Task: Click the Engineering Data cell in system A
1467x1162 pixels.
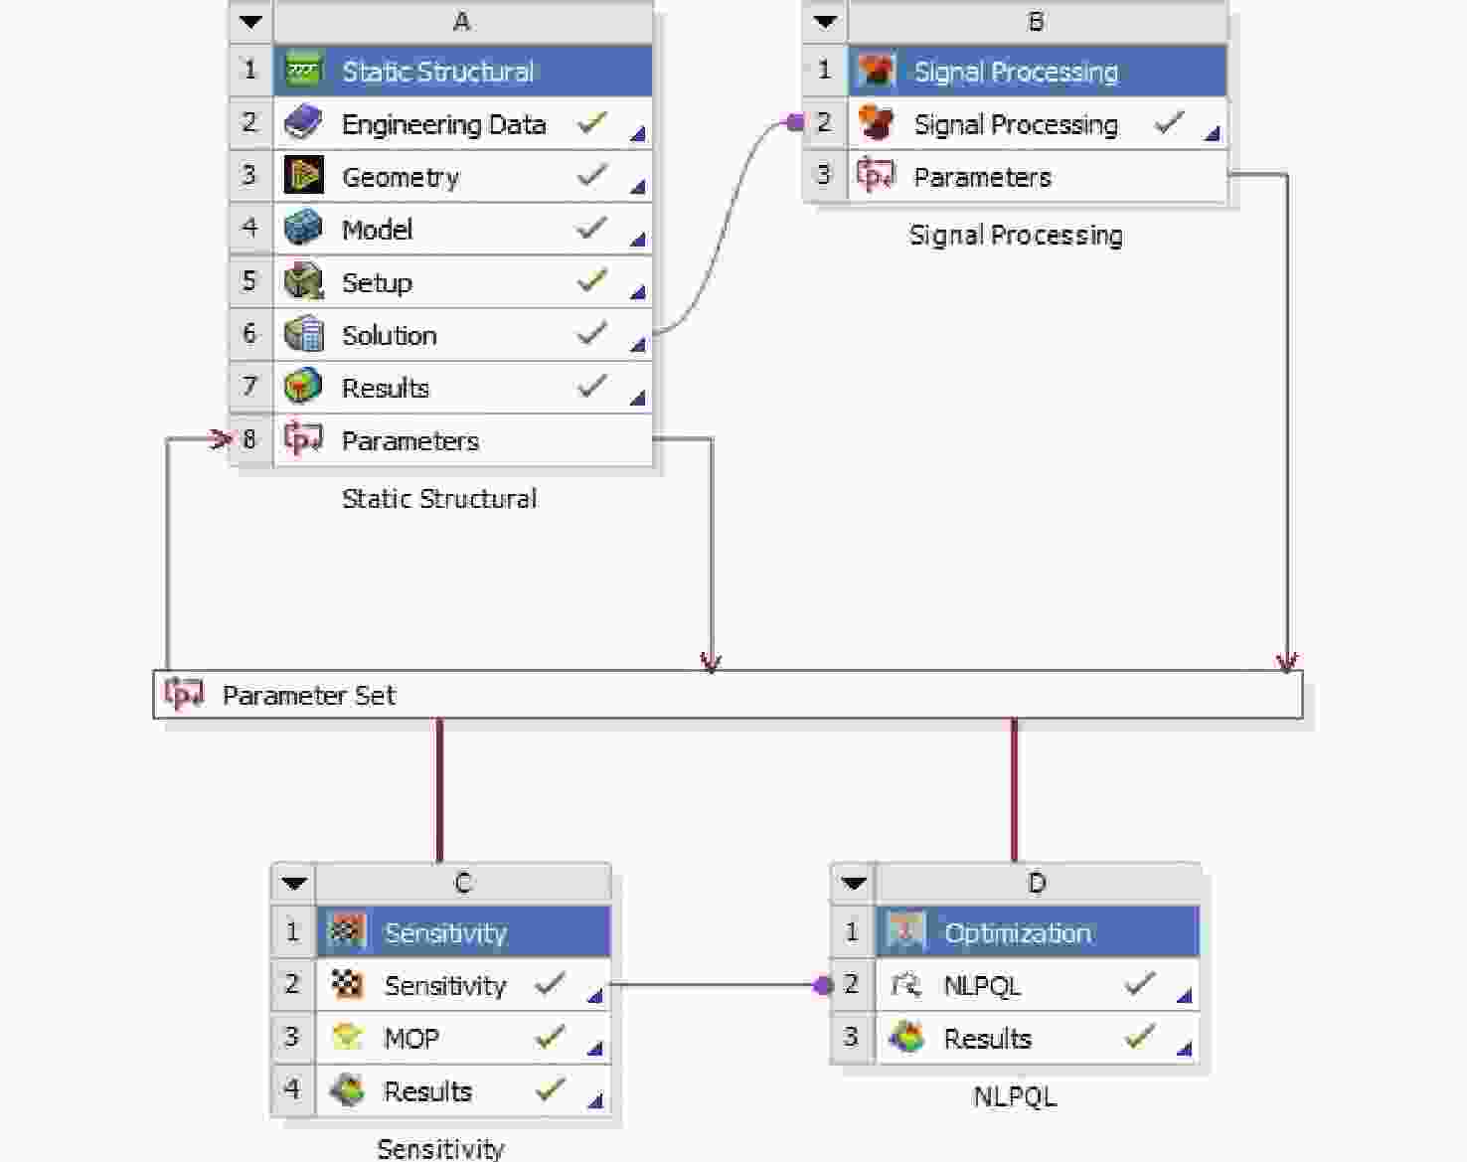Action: pos(443,124)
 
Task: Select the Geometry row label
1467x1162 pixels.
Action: pos(401,177)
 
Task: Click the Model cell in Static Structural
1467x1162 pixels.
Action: pos(377,230)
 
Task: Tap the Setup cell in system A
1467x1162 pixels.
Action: pos(377,282)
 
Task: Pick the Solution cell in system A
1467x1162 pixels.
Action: pos(389,335)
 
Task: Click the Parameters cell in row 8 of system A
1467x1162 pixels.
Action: pos(409,440)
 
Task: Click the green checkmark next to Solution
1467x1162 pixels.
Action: pos(591,333)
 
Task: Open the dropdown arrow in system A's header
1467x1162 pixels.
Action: pos(250,22)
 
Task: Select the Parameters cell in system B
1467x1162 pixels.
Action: pos(982,177)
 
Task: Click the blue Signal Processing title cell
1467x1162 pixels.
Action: pos(1016,72)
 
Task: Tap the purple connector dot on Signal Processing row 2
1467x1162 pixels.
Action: pos(794,122)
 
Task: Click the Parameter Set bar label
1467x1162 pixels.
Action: pos(308,695)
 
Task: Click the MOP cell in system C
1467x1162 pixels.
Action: pos(411,1039)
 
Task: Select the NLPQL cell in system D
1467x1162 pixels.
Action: pos(982,986)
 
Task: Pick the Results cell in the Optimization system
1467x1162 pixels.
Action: pos(987,1039)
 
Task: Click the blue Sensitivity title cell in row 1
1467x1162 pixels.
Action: pos(445,932)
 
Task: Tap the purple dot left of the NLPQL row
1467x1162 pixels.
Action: pos(822,986)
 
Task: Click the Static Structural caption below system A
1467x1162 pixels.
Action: pos(439,498)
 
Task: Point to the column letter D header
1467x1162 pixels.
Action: pos(1037,883)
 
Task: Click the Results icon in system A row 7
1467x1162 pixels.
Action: pos(303,387)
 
